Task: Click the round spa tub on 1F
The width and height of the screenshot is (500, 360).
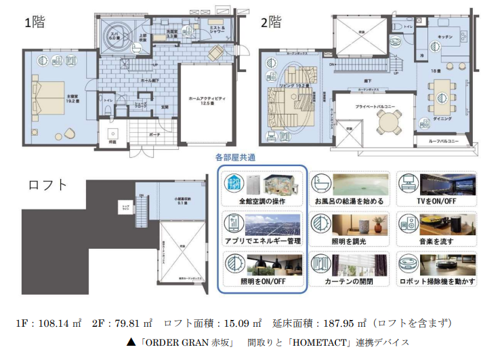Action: (115, 35)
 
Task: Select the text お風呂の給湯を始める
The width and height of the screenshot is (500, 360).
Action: (350, 201)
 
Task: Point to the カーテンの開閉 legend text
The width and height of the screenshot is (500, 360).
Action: (350, 281)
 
